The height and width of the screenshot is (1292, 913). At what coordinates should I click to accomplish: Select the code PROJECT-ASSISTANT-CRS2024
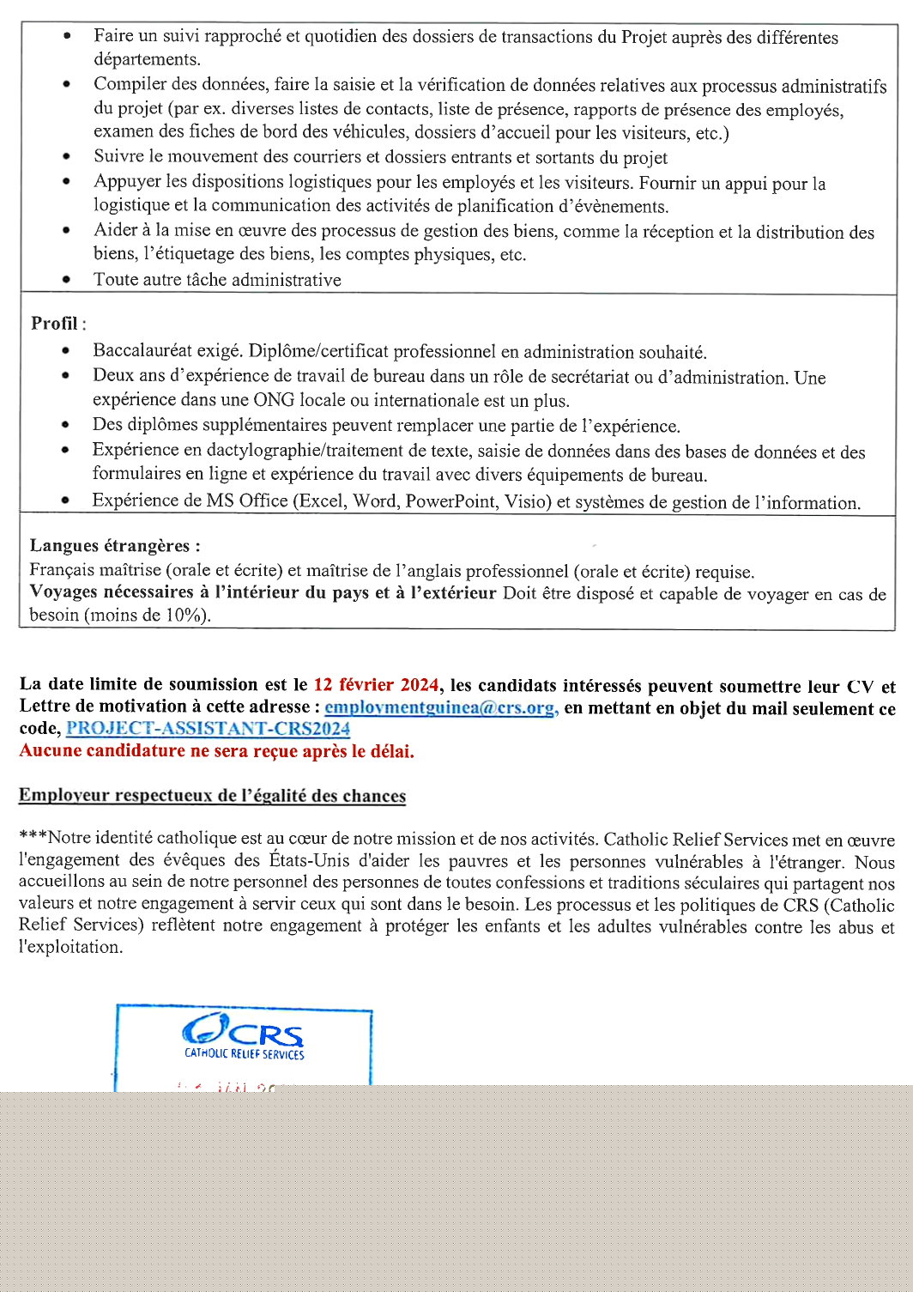coord(208,729)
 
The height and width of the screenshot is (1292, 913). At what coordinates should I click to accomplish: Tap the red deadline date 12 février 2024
coord(376,685)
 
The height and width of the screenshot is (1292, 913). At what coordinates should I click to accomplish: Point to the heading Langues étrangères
coord(115,546)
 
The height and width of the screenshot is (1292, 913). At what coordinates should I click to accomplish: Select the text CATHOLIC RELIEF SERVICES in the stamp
coord(244,1054)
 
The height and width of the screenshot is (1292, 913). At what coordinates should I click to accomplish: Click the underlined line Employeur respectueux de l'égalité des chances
coord(212,796)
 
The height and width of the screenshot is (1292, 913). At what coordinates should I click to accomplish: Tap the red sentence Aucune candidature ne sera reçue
coord(216,751)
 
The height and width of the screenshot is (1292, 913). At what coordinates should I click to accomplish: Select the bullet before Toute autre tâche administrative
coord(67,280)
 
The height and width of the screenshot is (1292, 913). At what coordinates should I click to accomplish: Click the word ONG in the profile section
coord(272,401)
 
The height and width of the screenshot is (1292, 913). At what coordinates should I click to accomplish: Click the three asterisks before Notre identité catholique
coord(33,839)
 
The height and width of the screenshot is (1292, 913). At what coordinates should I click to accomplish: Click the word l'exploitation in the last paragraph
coord(70,948)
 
